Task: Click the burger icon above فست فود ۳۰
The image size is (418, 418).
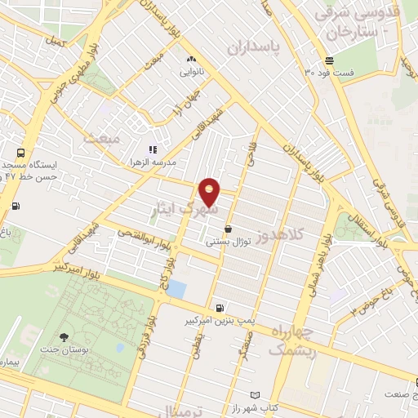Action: (329, 60)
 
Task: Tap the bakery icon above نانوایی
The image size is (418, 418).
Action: (191, 59)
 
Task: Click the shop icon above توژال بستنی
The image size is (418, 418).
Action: (227, 229)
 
